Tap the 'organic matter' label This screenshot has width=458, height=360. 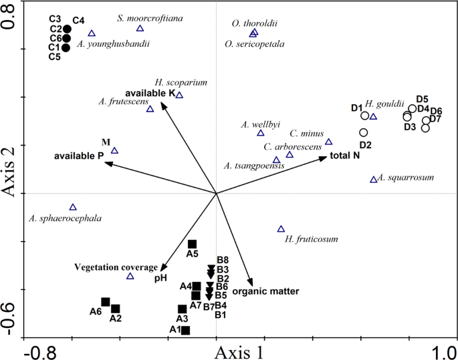click(x=265, y=291)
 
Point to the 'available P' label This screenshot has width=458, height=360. click(x=78, y=156)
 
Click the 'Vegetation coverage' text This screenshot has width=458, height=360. click(x=116, y=267)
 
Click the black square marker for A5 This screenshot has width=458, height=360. click(x=192, y=244)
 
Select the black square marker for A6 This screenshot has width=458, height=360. click(x=105, y=302)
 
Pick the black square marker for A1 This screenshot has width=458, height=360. click(x=186, y=331)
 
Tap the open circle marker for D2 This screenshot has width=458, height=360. click(x=363, y=133)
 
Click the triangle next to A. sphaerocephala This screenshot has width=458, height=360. click(x=73, y=207)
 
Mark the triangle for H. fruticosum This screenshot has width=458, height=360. click(x=281, y=229)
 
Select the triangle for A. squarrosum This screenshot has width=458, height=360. click(x=374, y=180)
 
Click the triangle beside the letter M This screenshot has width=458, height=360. click(x=114, y=151)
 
